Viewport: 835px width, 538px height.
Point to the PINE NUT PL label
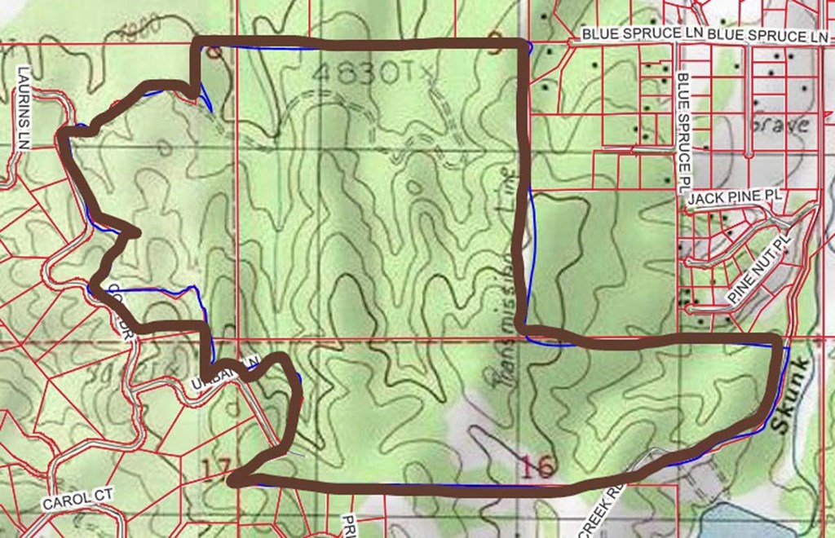759,277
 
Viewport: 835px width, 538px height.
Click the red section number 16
536,465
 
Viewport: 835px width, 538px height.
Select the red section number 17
216,469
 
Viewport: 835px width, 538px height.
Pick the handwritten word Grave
781,125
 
